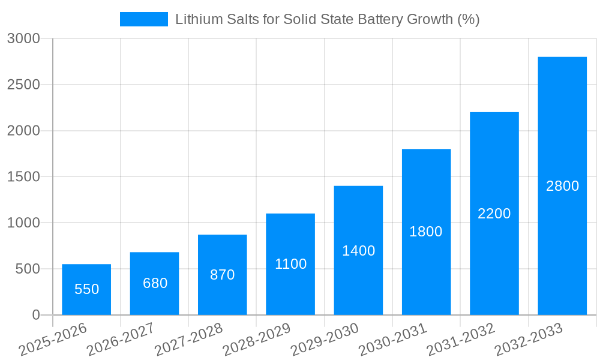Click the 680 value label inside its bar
pos(155,283)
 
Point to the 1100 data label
pos(290,264)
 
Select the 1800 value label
pos(426,232)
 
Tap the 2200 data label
pos(494,214)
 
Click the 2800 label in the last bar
pos(562,186)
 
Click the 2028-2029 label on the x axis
pos(257,339)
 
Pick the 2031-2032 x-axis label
pos(461,339)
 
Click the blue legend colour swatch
pos(144,19)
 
